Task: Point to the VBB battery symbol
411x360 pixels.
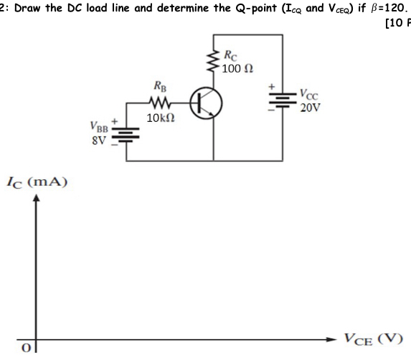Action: pos(128,134)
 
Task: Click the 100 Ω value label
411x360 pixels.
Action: pos(237,69)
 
